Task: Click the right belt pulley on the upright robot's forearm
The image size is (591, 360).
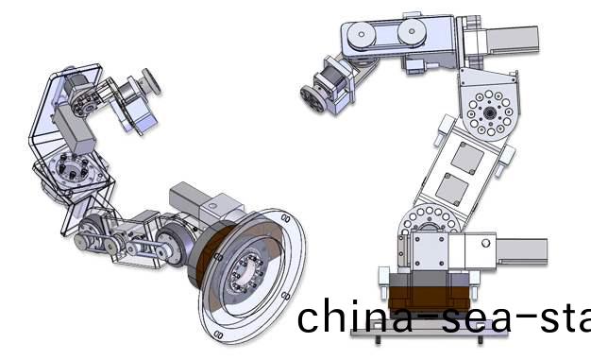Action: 411,33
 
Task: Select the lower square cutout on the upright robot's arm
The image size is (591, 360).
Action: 458,185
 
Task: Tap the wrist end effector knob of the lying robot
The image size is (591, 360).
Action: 147,78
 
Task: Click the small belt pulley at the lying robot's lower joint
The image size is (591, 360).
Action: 92,231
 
